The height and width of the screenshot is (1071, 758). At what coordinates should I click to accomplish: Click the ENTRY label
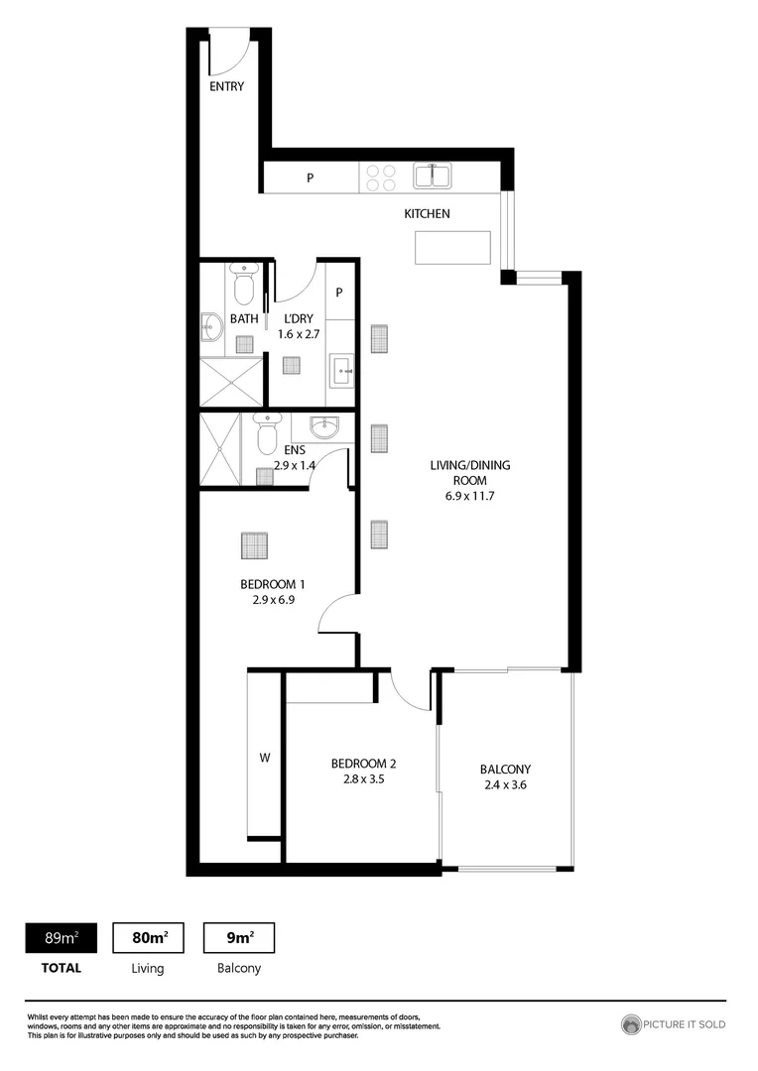(226, 86)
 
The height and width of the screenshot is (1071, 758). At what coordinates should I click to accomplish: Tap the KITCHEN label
(427, 213)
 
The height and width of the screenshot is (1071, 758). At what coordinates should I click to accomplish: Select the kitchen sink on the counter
(433, 177)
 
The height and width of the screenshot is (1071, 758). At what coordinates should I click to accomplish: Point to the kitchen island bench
(452, 247)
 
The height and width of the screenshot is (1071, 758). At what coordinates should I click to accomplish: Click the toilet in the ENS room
(266, 432)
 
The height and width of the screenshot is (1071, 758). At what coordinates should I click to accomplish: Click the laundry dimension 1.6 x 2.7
(299, 334)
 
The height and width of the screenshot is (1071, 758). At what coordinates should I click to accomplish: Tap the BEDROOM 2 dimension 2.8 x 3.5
(363, 780)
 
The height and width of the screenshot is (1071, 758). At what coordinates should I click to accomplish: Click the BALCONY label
(505, 769)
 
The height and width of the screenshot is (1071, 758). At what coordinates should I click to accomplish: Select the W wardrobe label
(265, 758)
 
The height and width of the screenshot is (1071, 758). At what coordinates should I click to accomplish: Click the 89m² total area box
(61, 937)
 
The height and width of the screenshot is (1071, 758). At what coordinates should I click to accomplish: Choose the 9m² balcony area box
(238, 937)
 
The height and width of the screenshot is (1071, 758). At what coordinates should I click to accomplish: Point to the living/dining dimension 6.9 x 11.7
(462, 496)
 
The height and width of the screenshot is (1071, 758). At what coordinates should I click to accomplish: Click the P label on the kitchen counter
(310, 178)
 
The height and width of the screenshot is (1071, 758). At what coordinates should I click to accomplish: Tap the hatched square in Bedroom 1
(255, 546)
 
